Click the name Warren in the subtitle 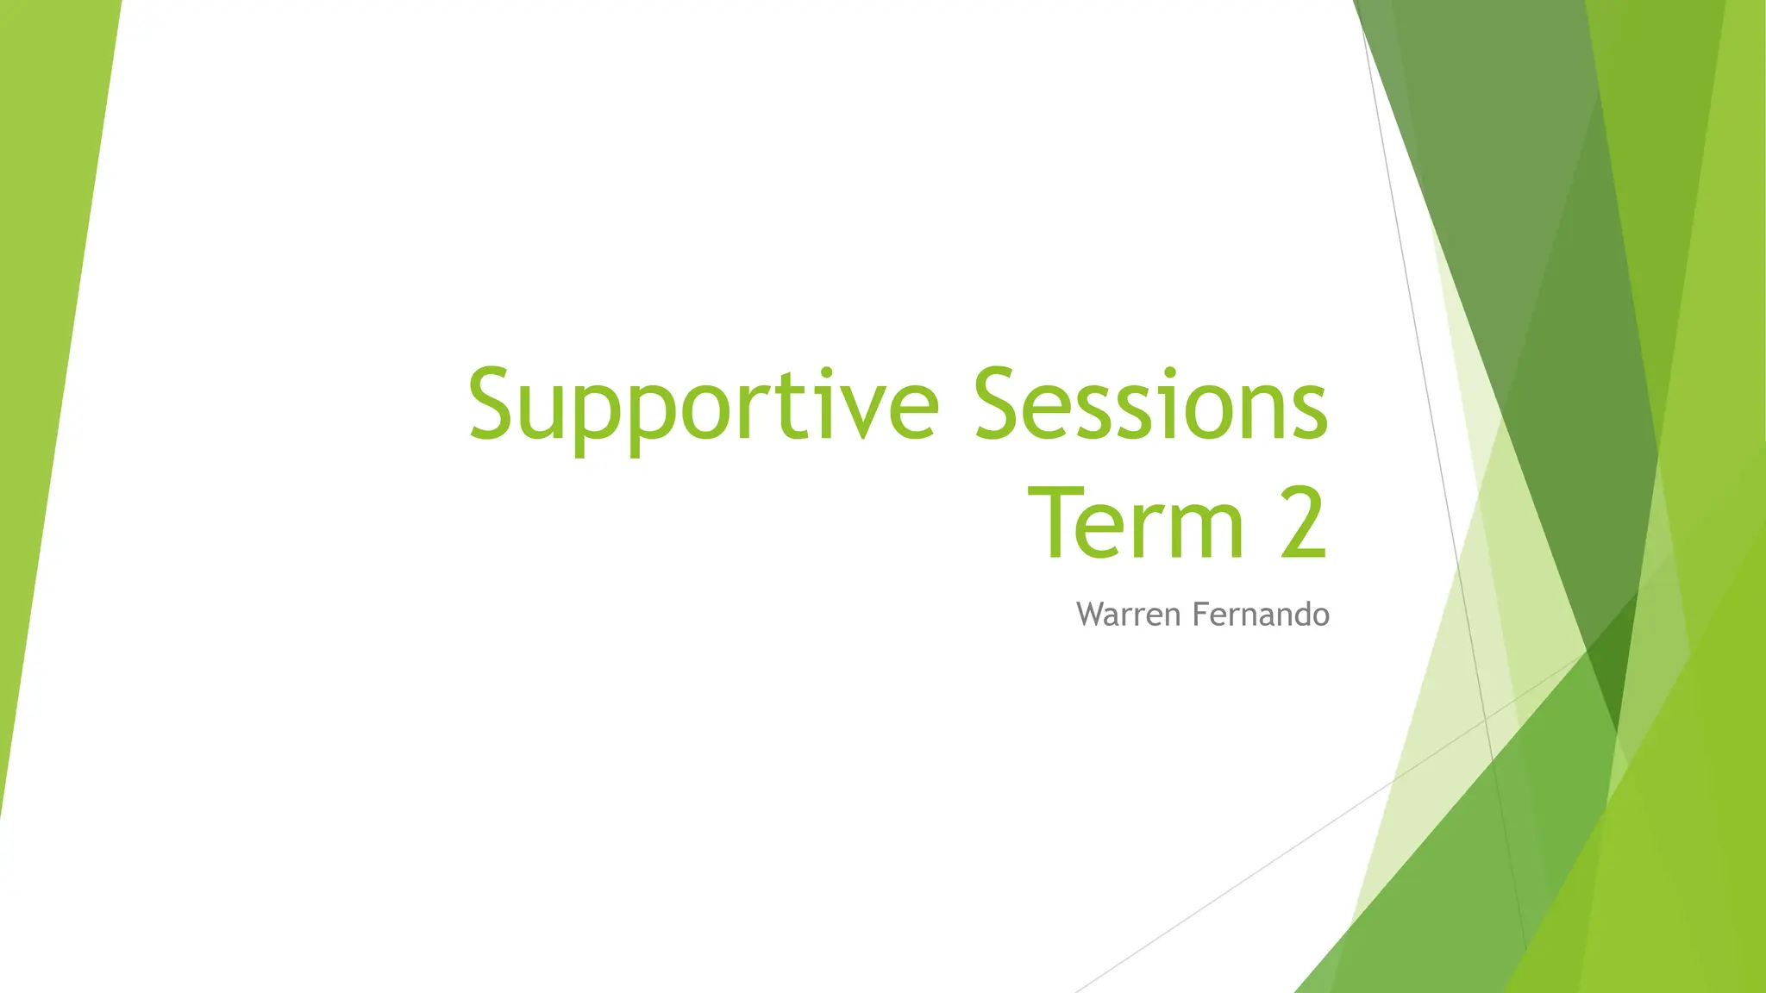coord(1129,615)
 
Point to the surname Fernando coord(1261,615)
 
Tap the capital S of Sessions coord(1003,403)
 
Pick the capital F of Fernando coord(1199,615)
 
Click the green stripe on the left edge coord(47,345)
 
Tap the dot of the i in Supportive coord(827,373)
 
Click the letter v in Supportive coord(867,414)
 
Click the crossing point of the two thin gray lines coord(1484,717)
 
